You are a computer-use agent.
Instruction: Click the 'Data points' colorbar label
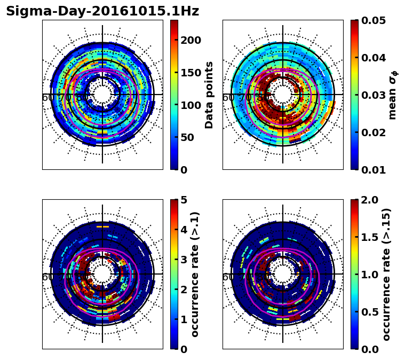[209, 95]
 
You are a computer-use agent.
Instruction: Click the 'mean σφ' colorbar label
[392, 95]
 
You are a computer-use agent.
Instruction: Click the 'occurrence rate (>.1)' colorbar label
[195, 274]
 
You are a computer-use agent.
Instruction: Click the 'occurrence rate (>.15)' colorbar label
[386, 274]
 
